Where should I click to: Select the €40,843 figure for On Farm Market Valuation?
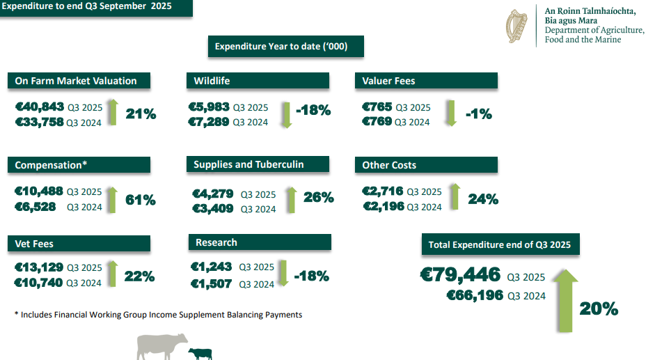click(x=39, y=107)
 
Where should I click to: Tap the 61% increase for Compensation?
click(x=141, y=201)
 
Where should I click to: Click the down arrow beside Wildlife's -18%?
click(x=284, y=114)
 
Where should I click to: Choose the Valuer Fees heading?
click(x=426, y=81)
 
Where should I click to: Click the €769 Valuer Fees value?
click(x=377, y=122)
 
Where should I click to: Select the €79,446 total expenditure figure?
click(x=461, y=274)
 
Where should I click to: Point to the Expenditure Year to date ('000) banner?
click(x=286, y=47)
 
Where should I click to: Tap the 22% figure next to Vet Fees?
click(x=139, y=276)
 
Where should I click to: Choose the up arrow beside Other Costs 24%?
click(x=454, y=196)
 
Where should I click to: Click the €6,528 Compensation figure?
click(x=39, y=207)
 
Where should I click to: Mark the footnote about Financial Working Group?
click(x=158, y=315)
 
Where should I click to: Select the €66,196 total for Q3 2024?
click(x=475, y=296)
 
